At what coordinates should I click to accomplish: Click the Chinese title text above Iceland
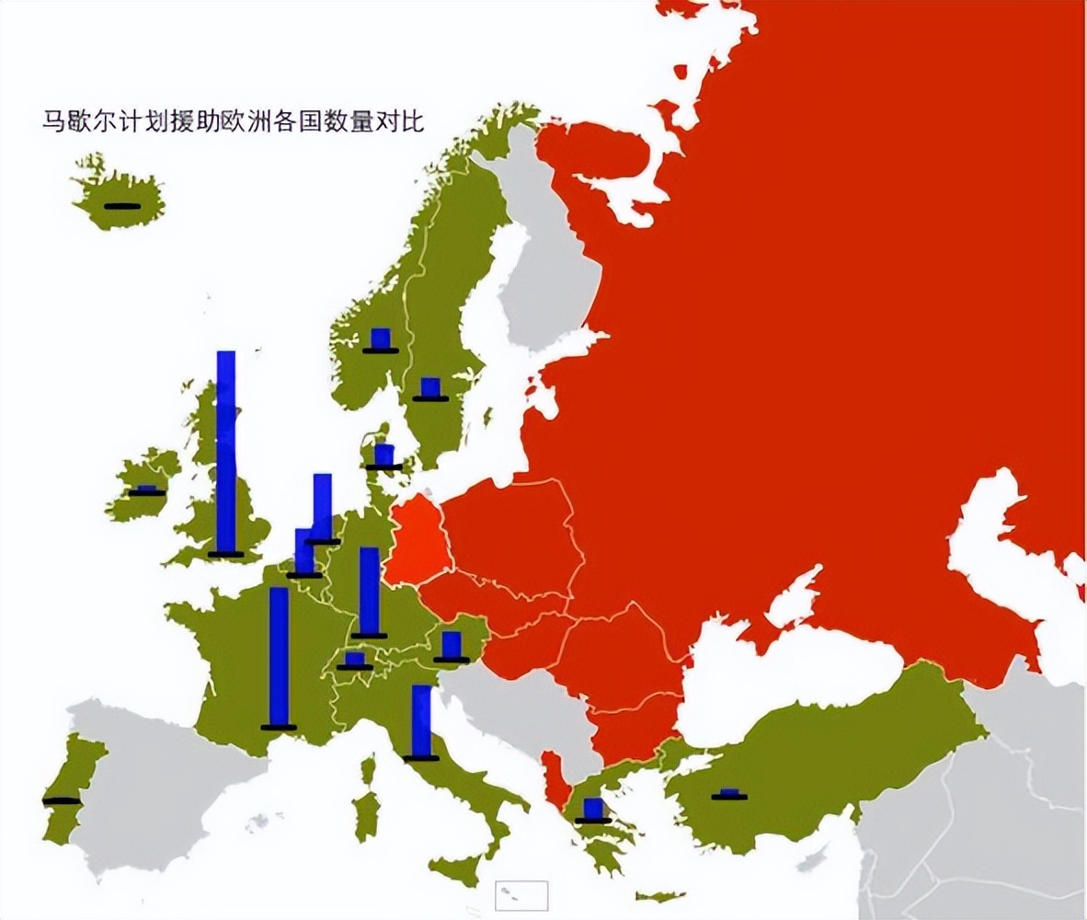tap(234, 121)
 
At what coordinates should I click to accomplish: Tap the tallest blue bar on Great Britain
tap(225, 451)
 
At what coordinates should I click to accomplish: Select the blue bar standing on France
tap(279, 657)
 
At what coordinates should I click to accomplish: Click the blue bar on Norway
tap(381, 339)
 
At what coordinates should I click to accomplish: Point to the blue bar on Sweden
tap(429, 387)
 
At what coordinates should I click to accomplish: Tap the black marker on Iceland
tap(122, 205)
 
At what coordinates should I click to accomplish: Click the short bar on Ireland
tap(147, 490)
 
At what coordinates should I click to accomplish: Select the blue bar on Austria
tap(451, 645)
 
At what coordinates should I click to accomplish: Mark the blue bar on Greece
tap(593, 809)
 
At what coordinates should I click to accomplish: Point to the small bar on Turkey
tap(729, 794)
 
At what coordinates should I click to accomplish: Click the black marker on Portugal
tap(62, 800)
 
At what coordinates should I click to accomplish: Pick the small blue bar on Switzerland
tap(355, 660)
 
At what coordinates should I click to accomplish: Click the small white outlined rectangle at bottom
tap(521, 895)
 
